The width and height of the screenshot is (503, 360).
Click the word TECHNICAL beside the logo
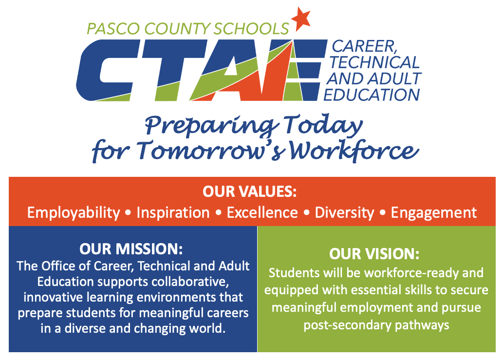click(x=374, y=62)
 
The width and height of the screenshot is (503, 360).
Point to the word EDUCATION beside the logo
click(x=372, y=95)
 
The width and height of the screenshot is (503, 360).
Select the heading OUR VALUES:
click(x=250, y=191)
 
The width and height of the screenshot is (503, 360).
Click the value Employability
click(x=74, y=213)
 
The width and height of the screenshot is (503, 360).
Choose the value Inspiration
click(x=173, y=213)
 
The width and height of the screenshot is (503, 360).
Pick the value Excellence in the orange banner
click(x=262, y=213)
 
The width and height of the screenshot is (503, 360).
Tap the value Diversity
click(x=345, y=213)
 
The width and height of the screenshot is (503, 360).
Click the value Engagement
click(x=434, y=213)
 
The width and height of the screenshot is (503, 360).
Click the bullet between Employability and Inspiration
click(x=129, y=213)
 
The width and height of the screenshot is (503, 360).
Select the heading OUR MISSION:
click(x=131, y=249)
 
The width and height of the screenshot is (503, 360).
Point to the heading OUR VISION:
click(x=374, y=254)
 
